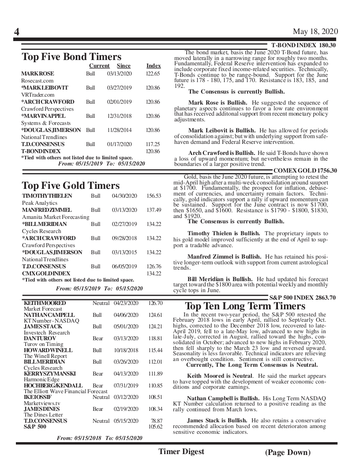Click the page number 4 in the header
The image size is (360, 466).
[x=17, y=32]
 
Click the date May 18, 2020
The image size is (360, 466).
[x=315, y=31]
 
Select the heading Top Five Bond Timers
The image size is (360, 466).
[x=71, y=57]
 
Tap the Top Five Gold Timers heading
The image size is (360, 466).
[x=71, y=185]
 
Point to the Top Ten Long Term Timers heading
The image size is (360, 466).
[x=245, y=306]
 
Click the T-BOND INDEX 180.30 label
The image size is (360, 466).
[x=303, y=45]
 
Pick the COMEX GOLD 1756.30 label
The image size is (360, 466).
[x=305, y=171]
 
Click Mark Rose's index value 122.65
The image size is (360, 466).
[x=153, y=74]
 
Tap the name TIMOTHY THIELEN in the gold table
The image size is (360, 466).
[x=47, y=195]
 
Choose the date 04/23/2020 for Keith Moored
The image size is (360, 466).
[x=126, y=303]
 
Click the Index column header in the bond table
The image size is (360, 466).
[x=154, y=66]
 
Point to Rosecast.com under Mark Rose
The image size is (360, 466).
[x=37, y=81]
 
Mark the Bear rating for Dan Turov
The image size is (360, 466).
[x=97, y=338]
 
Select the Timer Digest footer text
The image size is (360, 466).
[x=181, y=451]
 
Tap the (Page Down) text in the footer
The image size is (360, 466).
[x=288, y=452]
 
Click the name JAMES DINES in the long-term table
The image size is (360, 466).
[x=41, y=409]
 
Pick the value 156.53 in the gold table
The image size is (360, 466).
[x=154, y=195]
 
